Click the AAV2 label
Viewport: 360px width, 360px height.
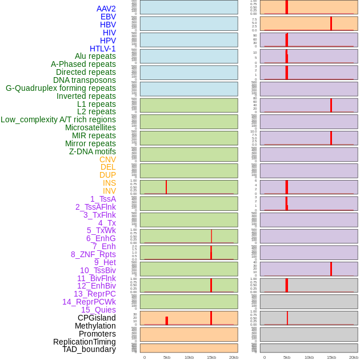106,9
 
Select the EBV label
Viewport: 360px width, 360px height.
108,17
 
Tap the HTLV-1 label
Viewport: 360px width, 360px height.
102,49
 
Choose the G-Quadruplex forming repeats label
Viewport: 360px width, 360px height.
61,88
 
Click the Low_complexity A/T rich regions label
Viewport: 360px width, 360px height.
58,119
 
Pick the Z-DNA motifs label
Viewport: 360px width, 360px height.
92,151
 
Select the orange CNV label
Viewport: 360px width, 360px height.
107,159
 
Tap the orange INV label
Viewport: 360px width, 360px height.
109,191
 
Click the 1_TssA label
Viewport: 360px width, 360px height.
103,199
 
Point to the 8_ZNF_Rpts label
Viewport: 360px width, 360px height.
93,254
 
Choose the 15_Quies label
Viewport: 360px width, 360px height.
98,310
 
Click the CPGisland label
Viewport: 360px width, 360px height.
97,318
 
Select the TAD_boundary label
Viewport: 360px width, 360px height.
89,349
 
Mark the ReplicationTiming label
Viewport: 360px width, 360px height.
84,342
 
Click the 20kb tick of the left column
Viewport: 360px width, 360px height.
234,357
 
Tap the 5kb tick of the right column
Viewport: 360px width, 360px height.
287,357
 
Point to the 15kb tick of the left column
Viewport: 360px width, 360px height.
211,357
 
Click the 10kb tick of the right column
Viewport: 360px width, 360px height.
309,357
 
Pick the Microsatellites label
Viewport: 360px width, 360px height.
90,127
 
